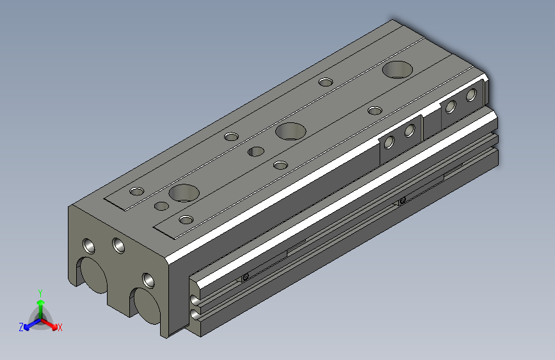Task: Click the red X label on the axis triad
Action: pos(60,327)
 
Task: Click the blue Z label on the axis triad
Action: pos(22,327)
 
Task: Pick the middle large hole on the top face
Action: pos(291,132)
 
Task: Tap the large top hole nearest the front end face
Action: pos(184,192)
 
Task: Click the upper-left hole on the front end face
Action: pos(87,245)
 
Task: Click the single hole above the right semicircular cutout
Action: pos(148,279)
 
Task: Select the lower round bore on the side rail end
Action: pos(194,314)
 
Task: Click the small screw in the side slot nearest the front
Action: pos(245,277)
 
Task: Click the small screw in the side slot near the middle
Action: pos(402,201)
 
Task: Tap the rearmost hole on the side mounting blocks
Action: pos(471,96)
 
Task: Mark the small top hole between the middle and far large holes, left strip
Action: pos(326,82)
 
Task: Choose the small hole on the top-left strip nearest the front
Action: pos(136,192)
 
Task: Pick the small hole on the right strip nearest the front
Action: pos(186,220)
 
